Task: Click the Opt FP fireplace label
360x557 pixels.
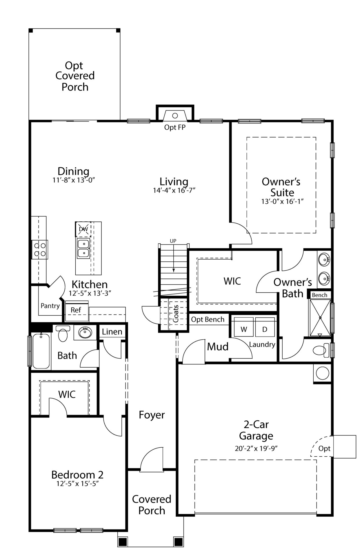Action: point(175,127)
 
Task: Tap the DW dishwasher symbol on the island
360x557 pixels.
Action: point(83,229)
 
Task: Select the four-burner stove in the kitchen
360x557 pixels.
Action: point(40,249)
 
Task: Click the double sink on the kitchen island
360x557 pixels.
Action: point(83,249)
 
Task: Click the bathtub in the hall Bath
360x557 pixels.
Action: point(41,351)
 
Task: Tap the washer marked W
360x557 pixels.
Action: point(244,327)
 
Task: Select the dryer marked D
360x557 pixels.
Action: point(265,327)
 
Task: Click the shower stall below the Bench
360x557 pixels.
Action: point(320,318)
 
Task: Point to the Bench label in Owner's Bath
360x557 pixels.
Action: point(319,295)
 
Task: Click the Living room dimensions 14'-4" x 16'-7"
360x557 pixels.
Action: point(174,190)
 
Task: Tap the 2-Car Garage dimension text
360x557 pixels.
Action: point(256,449)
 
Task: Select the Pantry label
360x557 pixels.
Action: point(50,305)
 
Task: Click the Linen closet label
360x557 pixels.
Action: point(112,332)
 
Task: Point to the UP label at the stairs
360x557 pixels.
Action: point(173,241)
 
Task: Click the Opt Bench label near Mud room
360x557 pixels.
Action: point(208,319)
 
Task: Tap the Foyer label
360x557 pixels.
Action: point(152,415)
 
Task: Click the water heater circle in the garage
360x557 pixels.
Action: point(322,373)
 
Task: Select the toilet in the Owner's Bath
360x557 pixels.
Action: point(321,350)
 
